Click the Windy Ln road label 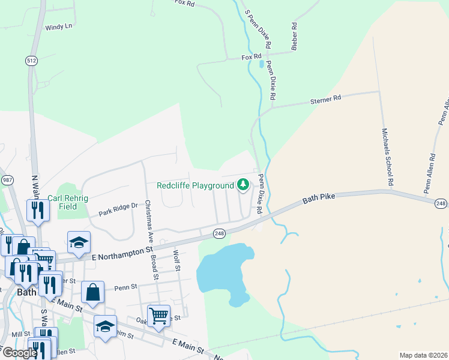[59, 26]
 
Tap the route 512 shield [31, 60]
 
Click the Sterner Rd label [325, 97]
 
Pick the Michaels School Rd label [388, 156]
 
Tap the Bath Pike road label [318, 197]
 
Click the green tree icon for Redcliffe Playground [243, 185]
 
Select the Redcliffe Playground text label [195, 186]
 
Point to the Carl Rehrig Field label [71, 202]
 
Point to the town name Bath [27, 292]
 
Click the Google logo [20, 353]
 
